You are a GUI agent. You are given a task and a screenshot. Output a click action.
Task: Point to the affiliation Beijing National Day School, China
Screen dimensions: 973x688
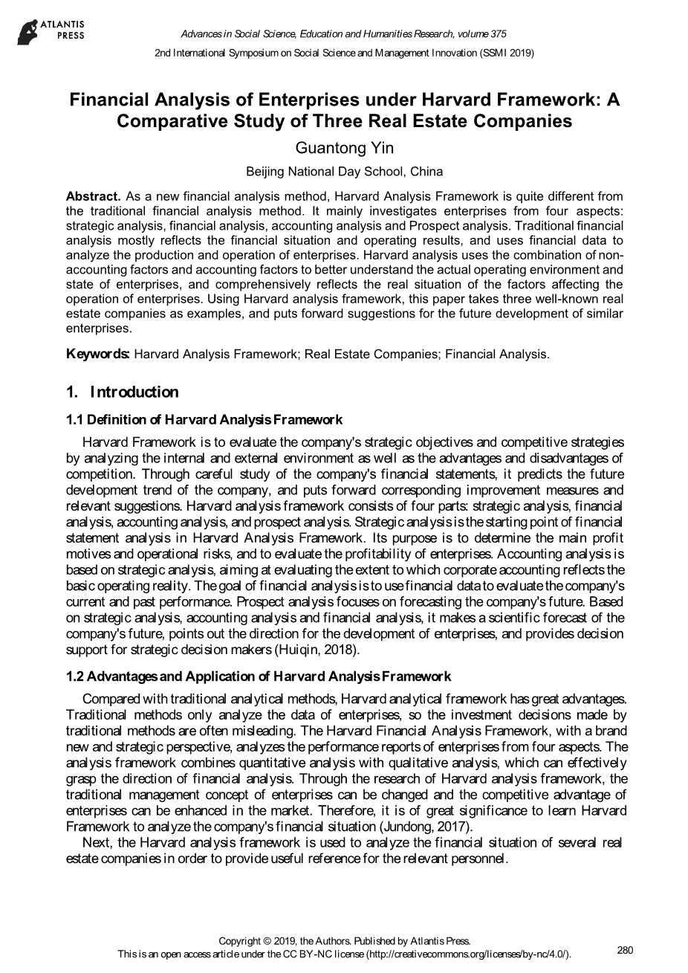coord(344,172)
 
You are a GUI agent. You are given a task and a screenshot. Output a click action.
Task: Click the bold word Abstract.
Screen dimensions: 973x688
coord(93,196)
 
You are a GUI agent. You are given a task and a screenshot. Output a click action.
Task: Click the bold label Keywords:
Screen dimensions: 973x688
coord(98,354)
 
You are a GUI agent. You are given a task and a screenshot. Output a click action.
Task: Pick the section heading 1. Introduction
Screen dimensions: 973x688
coord(123,392)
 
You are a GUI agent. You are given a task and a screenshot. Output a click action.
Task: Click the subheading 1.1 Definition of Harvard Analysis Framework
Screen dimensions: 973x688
coord(204,420)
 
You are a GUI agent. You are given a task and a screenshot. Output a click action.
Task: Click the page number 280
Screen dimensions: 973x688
coord(625,950)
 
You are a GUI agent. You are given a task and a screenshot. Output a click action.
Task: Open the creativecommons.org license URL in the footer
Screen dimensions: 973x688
coord(468,954)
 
